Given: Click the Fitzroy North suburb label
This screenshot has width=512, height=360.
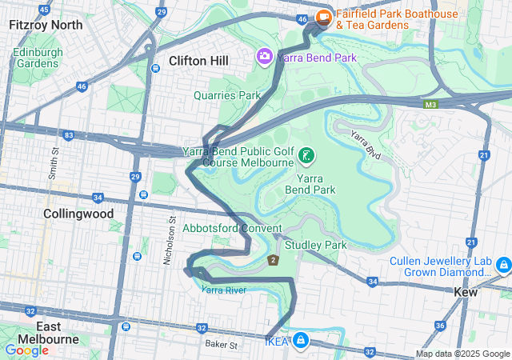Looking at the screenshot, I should click(x=45, y=25).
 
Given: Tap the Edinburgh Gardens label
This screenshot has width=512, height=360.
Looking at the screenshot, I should click(x=38, y=58).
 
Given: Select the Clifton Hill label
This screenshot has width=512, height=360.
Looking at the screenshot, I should click(x=198, y=61).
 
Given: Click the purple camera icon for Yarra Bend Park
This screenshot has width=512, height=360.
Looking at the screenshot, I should click(x=263, y=56).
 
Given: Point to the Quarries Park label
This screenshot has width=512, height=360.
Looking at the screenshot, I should click(x=227, y=95).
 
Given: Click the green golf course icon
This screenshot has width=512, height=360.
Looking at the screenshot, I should click(x=306, y=154).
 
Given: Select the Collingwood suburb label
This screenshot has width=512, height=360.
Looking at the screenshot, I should click(x=78, y=214).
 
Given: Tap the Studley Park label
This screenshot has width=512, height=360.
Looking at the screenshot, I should click(x=315, y=244).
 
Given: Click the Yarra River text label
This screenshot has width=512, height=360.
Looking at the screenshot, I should click(x=224, y=290).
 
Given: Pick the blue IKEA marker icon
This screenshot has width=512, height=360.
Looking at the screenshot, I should click(x=300, y=341).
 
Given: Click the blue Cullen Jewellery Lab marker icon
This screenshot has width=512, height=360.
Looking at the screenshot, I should click(x=503, y=265).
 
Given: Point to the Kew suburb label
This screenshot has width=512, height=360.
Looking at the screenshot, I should click(x=465, y=293).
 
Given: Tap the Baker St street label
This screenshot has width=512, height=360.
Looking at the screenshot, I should click(x=222, y=345).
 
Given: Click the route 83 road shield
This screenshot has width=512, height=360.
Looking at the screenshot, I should click(x=70, y=136).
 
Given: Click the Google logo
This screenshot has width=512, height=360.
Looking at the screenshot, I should click(x=26, y=350).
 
